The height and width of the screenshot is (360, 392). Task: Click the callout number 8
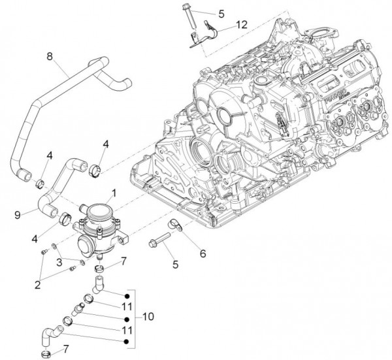(x=49, y=56)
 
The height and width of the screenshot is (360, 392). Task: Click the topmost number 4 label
(x=105, y=142)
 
